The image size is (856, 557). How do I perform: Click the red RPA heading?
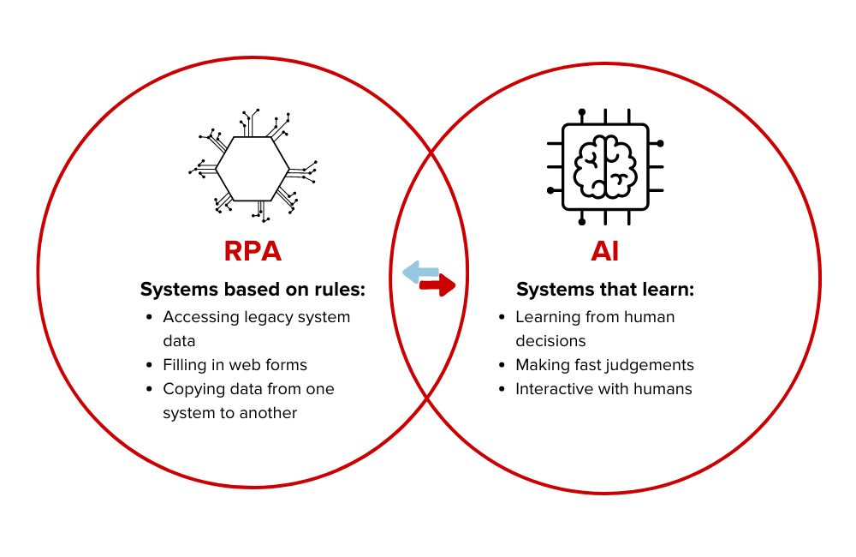(253, 251)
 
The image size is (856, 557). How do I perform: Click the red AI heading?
(604, 251)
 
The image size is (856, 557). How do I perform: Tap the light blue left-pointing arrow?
(419, 273)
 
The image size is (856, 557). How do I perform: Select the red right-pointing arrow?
(437, 285)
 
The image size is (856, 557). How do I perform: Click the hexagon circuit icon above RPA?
(253, 168)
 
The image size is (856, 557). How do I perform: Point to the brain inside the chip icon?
(604, 166)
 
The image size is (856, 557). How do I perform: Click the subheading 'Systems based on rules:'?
(253, 290)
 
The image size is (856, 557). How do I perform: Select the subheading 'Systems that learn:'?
(604, 290)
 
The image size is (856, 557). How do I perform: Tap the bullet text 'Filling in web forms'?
(235, 365)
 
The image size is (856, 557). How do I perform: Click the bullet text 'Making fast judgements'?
(604, 365)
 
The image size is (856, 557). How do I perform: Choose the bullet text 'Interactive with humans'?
(603, 389)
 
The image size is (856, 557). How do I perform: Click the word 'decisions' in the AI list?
(550, 341)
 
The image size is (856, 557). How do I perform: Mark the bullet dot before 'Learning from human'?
(502, 317)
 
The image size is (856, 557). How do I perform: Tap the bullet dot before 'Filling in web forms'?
(150, 365)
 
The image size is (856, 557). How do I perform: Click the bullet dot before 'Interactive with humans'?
(502, 389)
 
